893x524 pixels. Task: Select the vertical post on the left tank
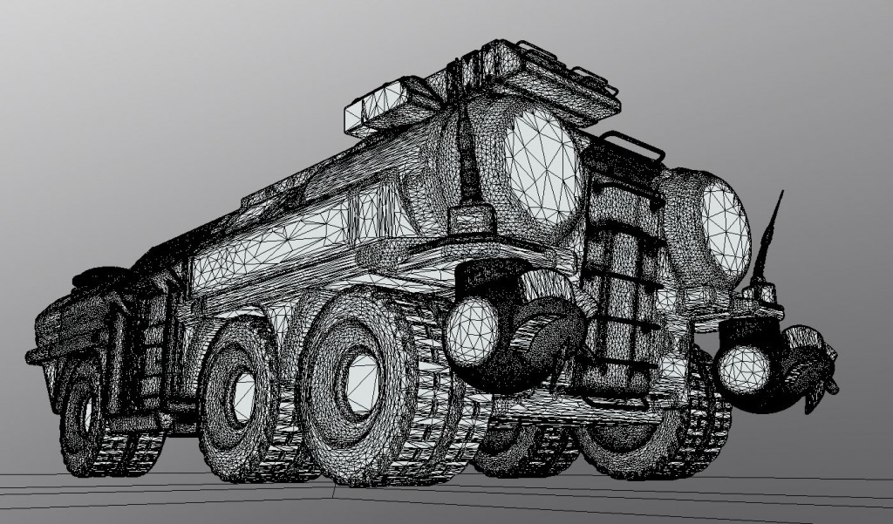coord(472,166)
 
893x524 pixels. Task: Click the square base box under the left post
coord(472,222)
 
